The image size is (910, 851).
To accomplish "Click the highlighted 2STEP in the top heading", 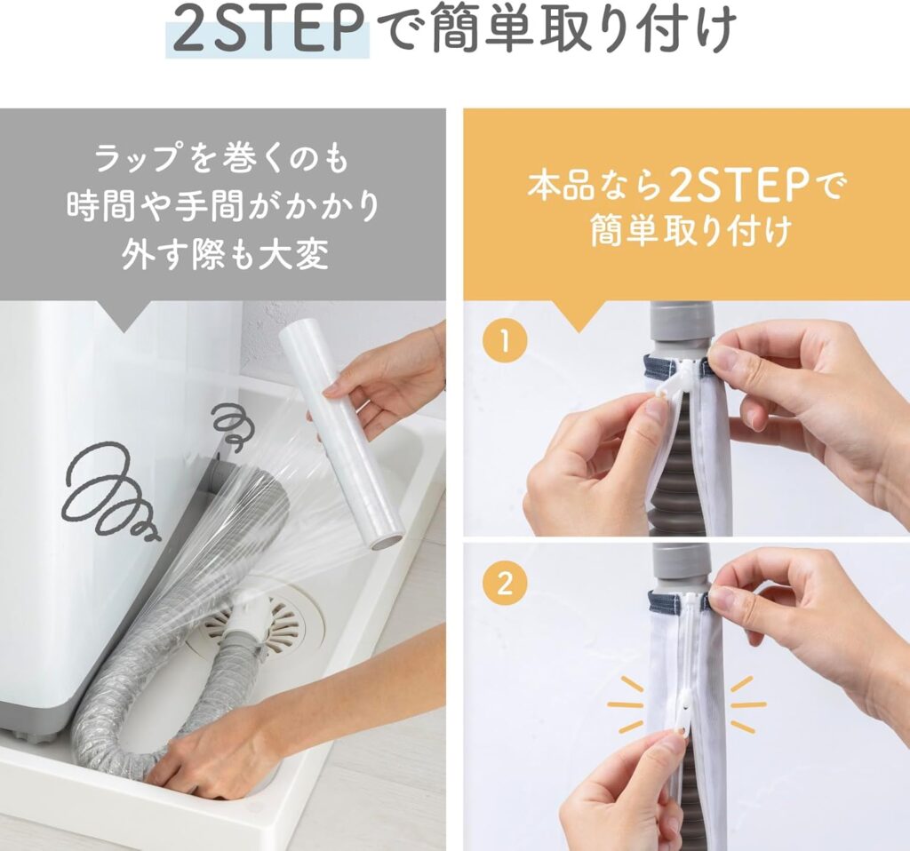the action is click(267, 29).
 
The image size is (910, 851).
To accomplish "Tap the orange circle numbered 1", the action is click(505, 340).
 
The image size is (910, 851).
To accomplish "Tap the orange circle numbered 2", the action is click(505, 583).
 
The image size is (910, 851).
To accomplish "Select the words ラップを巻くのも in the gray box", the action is click(221, 159).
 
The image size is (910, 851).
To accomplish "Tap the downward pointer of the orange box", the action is click(575, 315).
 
